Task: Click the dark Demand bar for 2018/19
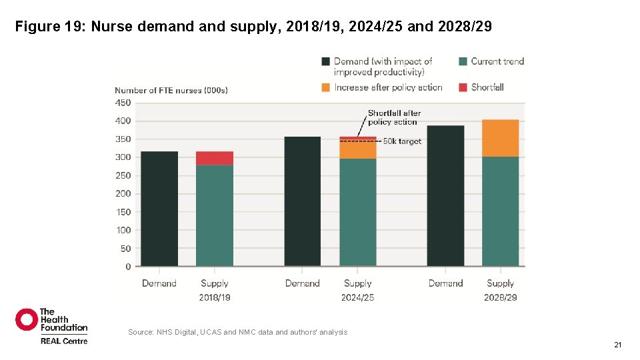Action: coord(159,209)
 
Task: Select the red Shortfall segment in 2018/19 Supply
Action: coord(215,158)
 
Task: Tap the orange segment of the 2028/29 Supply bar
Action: coord(500,138)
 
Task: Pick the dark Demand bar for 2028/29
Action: coord(445,195)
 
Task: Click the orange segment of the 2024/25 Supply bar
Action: coord(358,149)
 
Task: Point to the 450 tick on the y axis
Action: coord(123,103)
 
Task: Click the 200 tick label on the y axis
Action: coord(123,194)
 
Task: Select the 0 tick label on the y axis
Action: coord(128,267)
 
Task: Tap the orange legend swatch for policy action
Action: coord(325,87)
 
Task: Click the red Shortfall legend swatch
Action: coord(463,87)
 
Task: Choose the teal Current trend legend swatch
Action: coord(463,61)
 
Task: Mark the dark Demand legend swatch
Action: coord(325,61)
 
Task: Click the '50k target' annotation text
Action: coord(402,141)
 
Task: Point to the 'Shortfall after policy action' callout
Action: coord(394,117)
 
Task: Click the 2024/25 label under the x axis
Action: coord(357,297)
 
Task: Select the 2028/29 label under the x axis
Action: coord(500,297)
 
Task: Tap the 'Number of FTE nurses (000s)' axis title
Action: coord(171,91)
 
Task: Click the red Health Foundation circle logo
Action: coord(27,319)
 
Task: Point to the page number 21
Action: coord(617,345)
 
